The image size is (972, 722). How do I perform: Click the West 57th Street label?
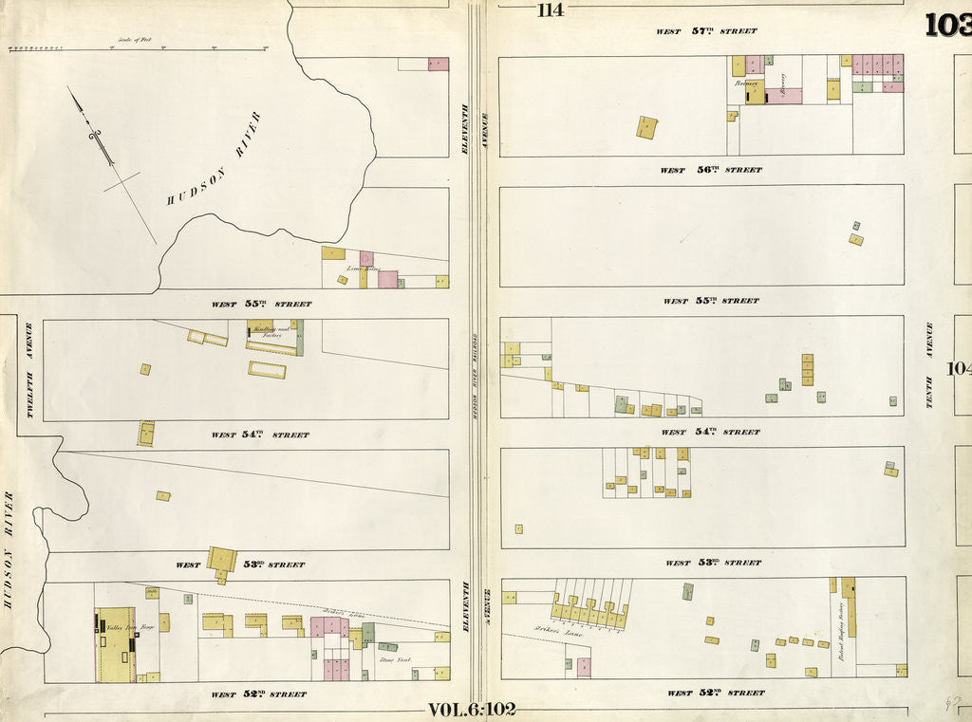click(707, 31)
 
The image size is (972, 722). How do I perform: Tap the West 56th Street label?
click(712, 171)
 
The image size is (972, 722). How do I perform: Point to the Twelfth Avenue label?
click(29, 353)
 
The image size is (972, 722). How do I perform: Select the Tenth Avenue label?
click(929, 365)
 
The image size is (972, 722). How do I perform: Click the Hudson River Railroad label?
click(474, 375)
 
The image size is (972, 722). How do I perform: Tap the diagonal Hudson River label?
click(215, 159)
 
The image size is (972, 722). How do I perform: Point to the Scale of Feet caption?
click(134, 41)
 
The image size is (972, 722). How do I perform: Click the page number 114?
click(550, 10)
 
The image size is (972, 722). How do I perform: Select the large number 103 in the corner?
click(948, 26)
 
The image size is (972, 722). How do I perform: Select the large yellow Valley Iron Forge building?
click(117, 644)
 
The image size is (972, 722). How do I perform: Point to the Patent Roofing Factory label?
click(841, 629)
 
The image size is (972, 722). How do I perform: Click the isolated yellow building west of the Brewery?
click(646, 127)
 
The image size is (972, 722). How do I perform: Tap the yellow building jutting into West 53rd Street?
click(223, 561)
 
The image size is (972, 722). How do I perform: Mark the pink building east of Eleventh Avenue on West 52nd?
click(584, 666)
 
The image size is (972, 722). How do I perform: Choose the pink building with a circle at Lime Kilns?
click(365, 258)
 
